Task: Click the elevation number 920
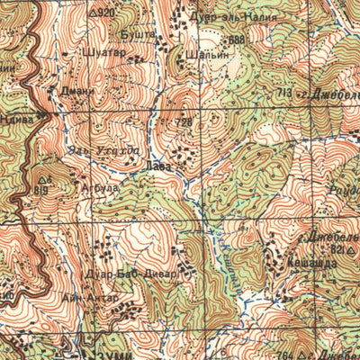[x=107, y=13]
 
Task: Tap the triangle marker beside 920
[x=94, y=13]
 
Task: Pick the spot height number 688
[x=236, y=40]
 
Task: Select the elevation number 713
[x=285, y=92]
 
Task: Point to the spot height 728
[x=184, y=122]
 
